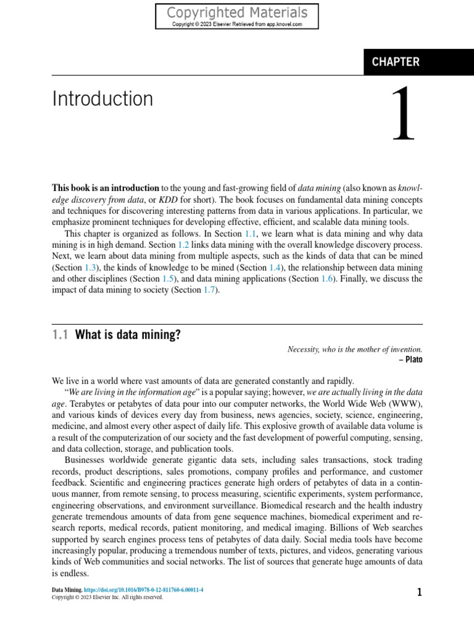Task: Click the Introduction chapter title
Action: point(102,99)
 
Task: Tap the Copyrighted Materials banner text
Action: point(237,13)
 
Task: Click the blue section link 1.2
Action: point(183,245)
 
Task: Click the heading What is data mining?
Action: point(128,335)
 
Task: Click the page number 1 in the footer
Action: point(420,593)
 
